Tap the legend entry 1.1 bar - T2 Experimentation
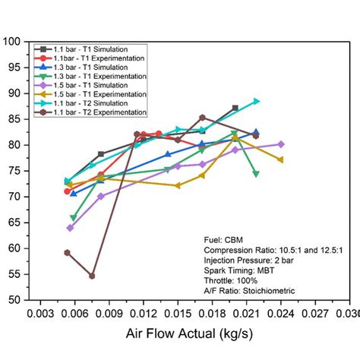(x=94, y=114)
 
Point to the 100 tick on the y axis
(x=17, y=42)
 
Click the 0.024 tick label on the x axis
(x=280, y=314)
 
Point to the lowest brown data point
(x=92, y=276)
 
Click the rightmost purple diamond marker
(x=281, y=144)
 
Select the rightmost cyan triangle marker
(x=257, y=101)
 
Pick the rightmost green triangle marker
(x=256, y=174)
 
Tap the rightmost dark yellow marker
(x=281, y=159)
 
